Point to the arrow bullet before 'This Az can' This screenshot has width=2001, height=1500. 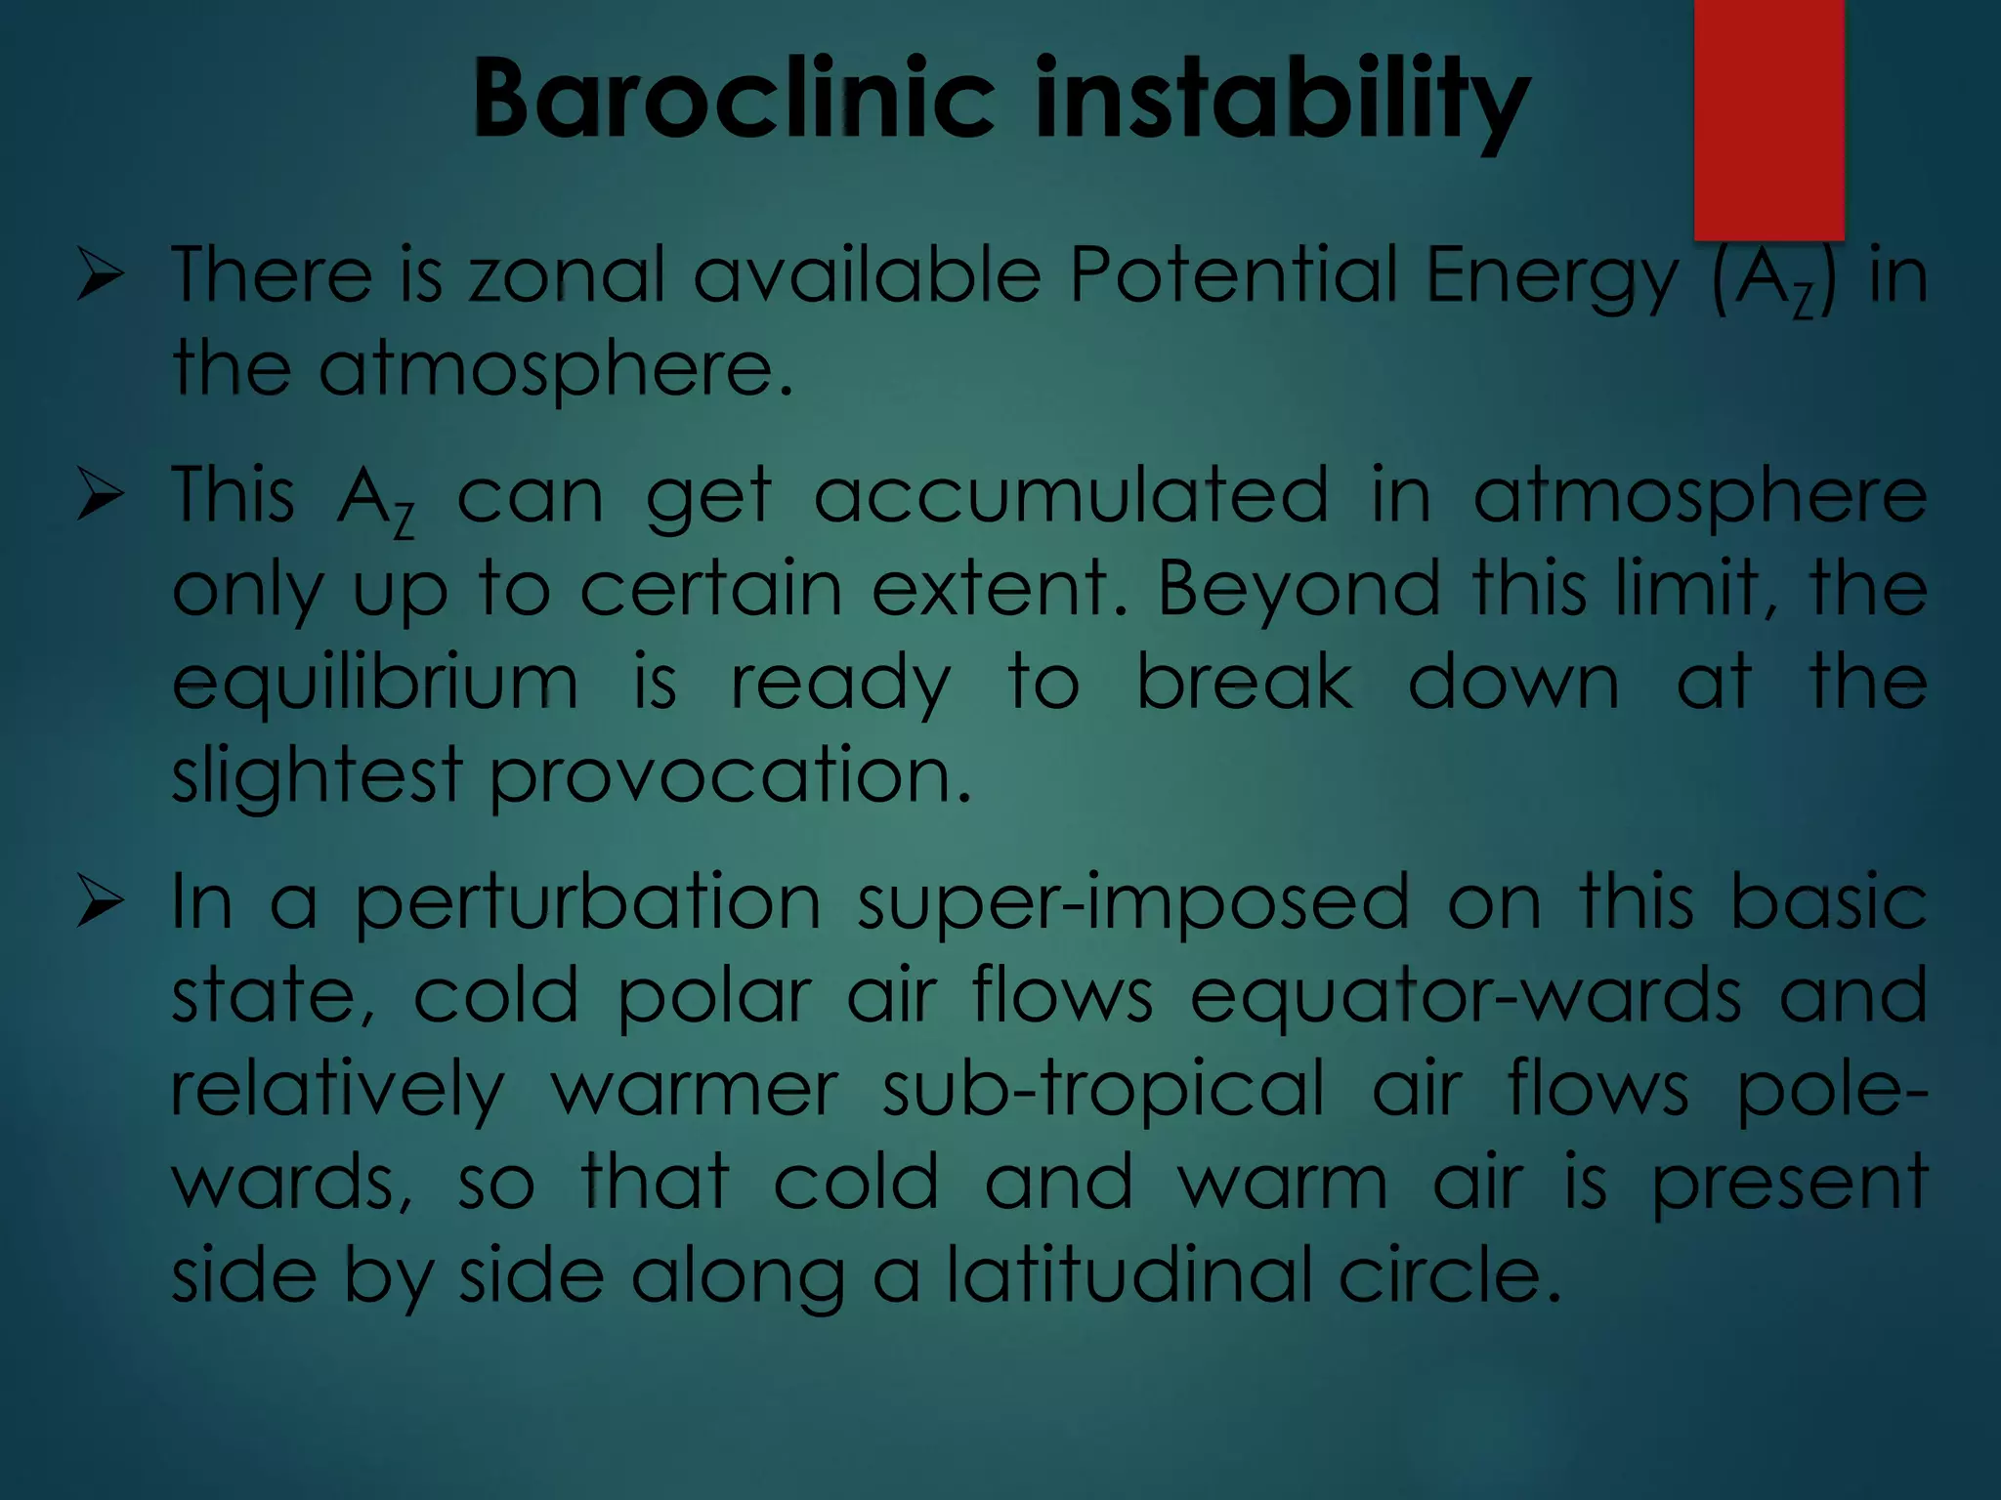tap(101, 495)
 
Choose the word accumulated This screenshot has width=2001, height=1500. tap(1071, 495)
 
